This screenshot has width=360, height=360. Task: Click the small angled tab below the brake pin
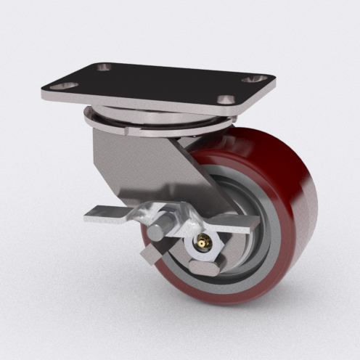pos(152,253)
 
